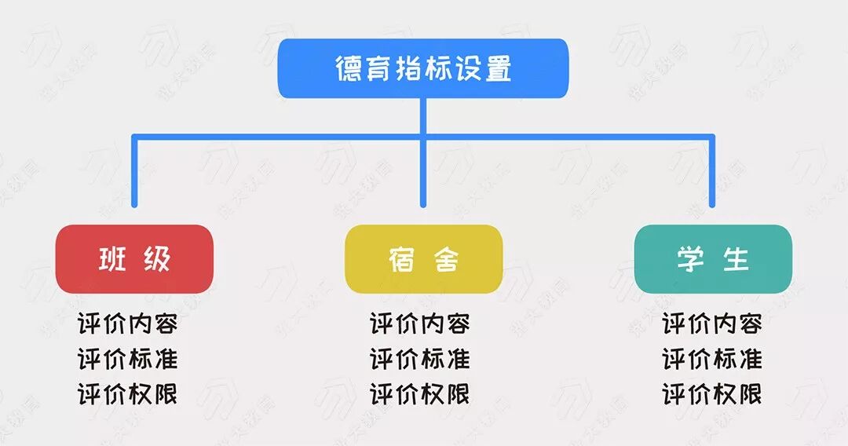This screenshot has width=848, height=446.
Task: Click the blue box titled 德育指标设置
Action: (423, 68)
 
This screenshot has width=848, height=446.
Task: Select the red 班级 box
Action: (134, 259)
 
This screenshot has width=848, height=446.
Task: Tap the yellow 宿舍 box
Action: (423, 259)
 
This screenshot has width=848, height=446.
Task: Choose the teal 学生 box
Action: (713, 259)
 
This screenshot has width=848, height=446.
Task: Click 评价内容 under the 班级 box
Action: (128, 324)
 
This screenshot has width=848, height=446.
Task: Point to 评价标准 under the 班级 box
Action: (128, 359)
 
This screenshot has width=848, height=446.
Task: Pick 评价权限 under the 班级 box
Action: (128, 394)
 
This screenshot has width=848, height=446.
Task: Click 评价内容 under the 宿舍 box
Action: (420, 324)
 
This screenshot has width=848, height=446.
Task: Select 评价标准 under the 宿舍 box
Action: (420, 359)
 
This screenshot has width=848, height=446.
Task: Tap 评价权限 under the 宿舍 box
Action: (420, 394)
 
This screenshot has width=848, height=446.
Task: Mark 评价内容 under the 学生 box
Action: (712, 324)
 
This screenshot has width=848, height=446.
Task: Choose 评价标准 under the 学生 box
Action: (712, 359)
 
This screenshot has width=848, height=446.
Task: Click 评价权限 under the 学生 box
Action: (712, 394)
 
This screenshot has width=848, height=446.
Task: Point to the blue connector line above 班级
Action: (134, 173)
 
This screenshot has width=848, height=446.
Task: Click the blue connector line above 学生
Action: (713, 173)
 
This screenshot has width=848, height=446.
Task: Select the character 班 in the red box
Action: (111, 260)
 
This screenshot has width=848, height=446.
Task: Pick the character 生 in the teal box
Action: (737, 260)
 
